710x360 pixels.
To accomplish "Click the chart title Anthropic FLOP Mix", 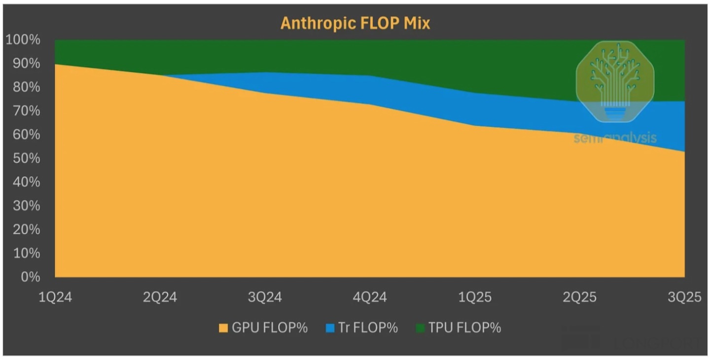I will click(x=355, y=23).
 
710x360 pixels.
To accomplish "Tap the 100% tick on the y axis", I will click(x=23, y=39).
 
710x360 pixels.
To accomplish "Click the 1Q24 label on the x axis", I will click(x=55, y=297).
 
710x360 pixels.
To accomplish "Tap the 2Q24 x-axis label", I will click(x=159, y=297).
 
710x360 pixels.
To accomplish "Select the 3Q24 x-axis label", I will click(x=264, y=297).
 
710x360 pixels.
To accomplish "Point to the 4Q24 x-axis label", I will click(x=369, y=297).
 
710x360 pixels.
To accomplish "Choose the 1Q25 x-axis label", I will click(x=474, y=297).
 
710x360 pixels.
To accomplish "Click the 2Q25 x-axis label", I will click(x=579, y=297).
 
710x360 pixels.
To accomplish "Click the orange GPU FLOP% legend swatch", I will click(x=224, y=328).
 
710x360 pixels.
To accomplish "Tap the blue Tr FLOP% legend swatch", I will click(x=330, y=328).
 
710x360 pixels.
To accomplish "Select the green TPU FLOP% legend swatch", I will click(x=420, y=328).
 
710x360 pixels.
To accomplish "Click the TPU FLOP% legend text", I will click(x=464, y=328).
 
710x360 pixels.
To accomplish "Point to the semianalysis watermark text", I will click(x=615, y=138).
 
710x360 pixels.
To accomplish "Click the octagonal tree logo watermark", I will click(x=615, y=81).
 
